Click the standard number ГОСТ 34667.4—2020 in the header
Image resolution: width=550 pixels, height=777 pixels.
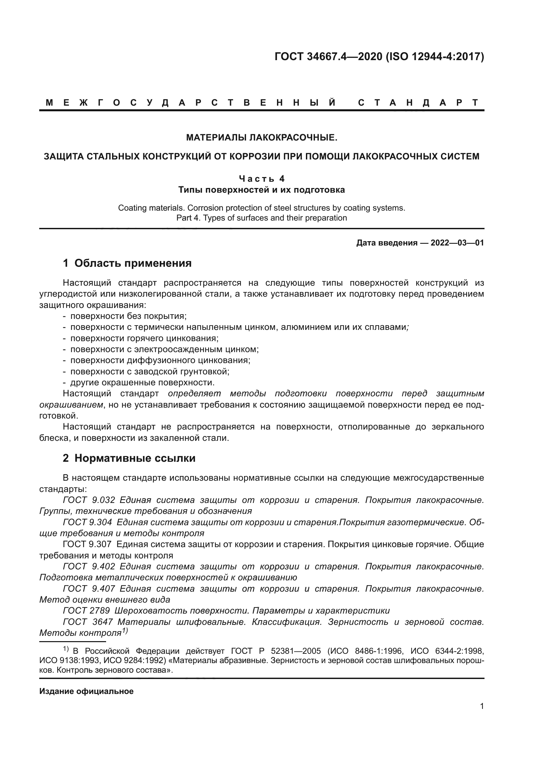(328, 56)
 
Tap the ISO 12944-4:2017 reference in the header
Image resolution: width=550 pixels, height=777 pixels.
(435, 56)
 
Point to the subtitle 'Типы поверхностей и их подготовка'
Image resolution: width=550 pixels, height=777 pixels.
(261, 190)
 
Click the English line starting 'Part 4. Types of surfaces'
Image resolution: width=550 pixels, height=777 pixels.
(261, 218)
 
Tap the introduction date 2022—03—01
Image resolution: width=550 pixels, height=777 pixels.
(457, 243)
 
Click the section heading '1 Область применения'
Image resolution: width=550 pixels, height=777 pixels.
(127, 263)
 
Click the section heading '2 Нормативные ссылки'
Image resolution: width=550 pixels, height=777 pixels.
(129, 458)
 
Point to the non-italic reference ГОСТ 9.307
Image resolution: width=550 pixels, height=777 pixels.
(87, 544)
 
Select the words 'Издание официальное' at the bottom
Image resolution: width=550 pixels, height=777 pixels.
(86, 691)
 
